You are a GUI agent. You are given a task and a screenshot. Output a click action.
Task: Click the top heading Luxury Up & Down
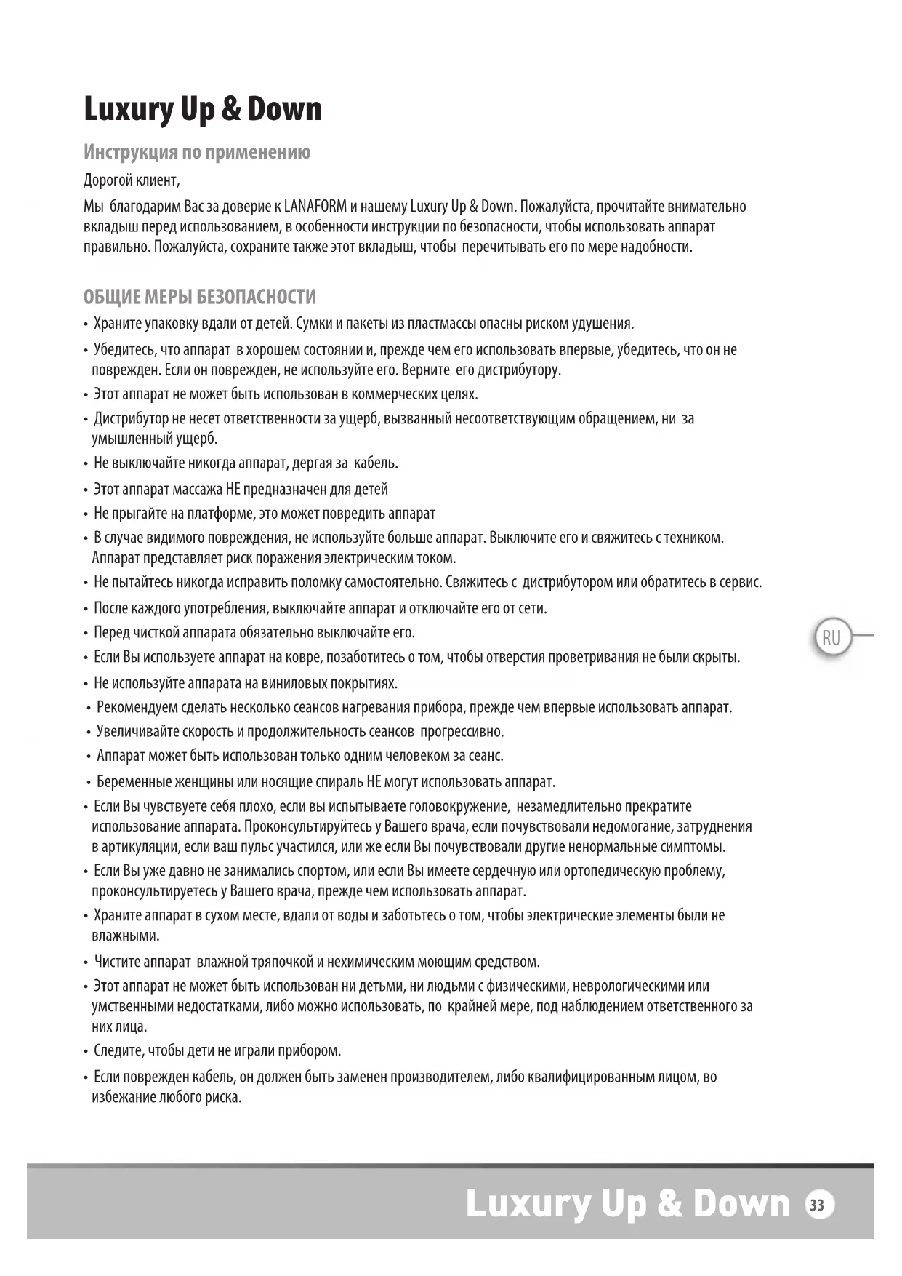pos(203,109)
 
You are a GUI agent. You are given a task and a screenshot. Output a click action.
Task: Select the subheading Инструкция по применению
pos(197,152)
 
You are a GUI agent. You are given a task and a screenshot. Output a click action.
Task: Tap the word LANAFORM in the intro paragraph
pos(315,206)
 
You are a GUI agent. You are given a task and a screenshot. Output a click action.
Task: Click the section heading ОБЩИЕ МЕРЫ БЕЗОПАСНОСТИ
pos(200,297)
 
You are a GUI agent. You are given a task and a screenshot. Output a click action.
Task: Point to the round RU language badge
pos(831,638)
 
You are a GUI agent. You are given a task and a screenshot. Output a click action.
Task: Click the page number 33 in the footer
pos(818,1205)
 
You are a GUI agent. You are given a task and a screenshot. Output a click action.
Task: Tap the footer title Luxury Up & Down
pos(627,1204)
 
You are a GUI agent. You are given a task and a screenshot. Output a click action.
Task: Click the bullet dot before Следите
pos(86,1052)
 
